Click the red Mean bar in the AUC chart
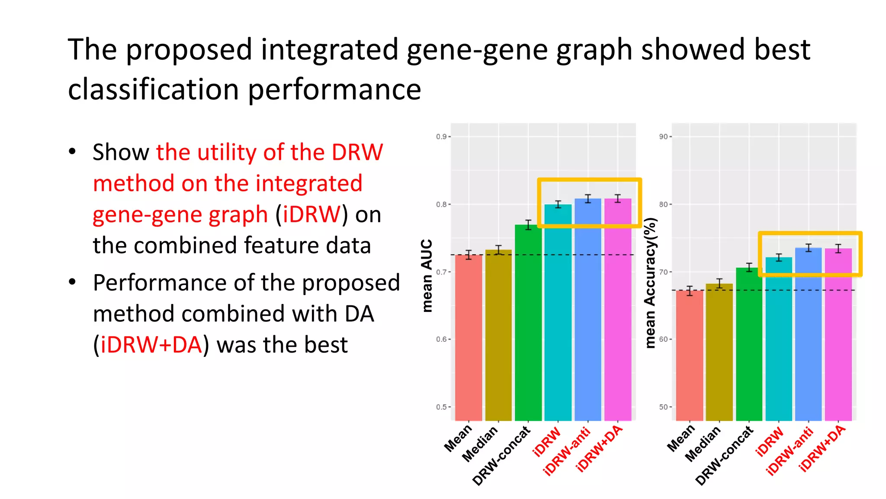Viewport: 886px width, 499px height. click(x=469, y=338)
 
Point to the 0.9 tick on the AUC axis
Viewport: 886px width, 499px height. click(x=441, y=137)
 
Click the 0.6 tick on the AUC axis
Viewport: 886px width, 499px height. click(x=441, y=340)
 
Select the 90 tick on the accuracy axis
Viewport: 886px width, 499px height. click(x=664, y=137)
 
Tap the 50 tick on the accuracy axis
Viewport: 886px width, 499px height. click(x=664, y=407)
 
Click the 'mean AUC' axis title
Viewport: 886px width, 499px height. click(x=427, y=275)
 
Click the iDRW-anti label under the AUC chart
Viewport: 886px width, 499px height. click(x=567, y=451)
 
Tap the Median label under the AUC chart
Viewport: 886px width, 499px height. click(x=480, y=444)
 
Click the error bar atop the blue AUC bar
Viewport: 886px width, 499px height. click(x=588, y=199)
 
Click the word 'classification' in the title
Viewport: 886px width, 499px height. click(x=153, y=90)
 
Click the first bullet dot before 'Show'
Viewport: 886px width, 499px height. click(x=72, y=152)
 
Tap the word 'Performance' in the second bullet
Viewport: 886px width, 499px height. click(x=159, y=283)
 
